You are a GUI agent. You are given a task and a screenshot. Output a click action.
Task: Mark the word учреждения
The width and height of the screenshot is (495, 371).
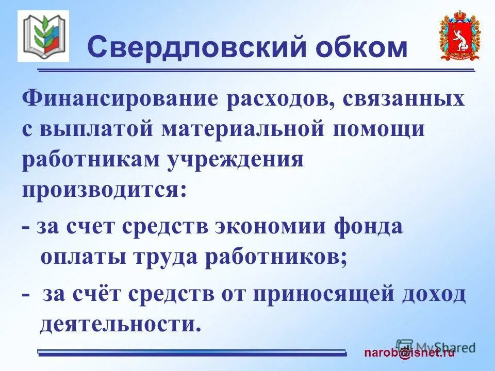click(235, 160)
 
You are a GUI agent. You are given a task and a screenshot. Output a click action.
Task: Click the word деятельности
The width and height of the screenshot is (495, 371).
click(119, 324)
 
